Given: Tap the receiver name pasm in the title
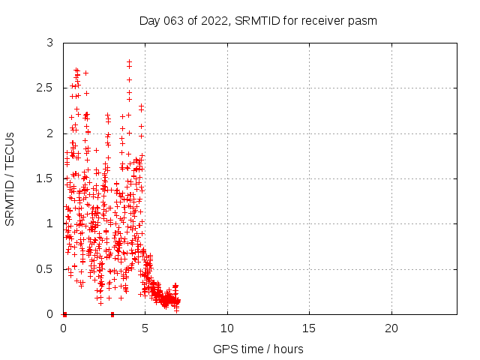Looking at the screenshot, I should [x=362, y=20].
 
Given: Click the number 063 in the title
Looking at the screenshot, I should [x=172, y=20].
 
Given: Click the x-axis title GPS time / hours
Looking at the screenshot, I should [x=258, y=349].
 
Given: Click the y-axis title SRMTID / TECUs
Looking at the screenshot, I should [x=10, y=178].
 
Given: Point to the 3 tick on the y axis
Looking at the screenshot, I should [x=49, y=43].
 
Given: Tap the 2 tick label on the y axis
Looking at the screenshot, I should [x=49, y=133].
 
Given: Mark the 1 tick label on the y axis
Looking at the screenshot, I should [x=49, y=223].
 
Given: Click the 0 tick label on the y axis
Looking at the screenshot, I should [x=49, y=313].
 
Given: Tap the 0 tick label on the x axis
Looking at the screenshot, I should [x=63, y=328].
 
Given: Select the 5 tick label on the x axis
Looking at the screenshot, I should [x=145, y=328].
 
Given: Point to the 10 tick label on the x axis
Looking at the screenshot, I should [x=227, y=328].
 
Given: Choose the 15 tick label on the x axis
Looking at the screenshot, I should [x=309, y=328].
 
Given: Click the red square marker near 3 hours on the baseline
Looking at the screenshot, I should [x=112, y=314].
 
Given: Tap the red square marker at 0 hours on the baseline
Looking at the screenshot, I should [x=64, y=314].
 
